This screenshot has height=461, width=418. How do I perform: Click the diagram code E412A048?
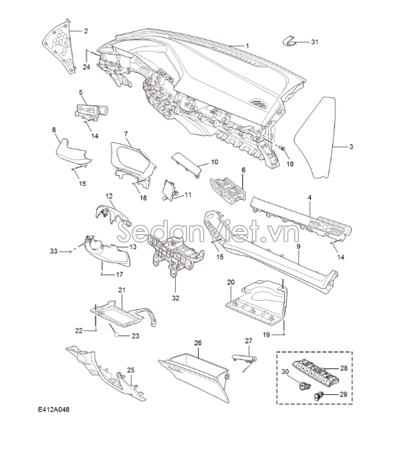pyautogui.click(x=53, y=410)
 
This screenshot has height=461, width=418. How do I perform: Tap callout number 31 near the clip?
pyautogui.click(x=315, y=42)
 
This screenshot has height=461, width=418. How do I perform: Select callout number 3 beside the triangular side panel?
pyautogui.click(x=351, y=147)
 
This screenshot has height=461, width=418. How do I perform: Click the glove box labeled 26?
pyautogui.click(x=194, y=376)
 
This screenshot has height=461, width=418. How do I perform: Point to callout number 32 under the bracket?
pyautogui.click(x=175, y=298)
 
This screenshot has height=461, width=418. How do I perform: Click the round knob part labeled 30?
pyautogui.click(x=303, y=386)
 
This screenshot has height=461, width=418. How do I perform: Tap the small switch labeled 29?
pyautogui.click(x=318, y=397)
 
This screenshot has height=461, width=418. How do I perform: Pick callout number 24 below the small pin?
pyautogui.click(x=86, y=67)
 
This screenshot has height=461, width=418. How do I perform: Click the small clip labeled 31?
pyautogui.click(x=290, y=41)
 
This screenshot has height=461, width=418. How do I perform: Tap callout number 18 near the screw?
pyautogui.click(x=290, y=164)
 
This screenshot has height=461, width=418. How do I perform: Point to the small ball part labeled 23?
pyautogui.click(x=117, y=335)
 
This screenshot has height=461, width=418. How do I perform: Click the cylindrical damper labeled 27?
pyautogui.click(x=245, y=358)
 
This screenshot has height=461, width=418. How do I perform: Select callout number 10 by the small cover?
pyautogui.click(x=214, y=162)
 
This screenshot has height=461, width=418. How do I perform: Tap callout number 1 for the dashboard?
pyautogui.click(x=247, y=46)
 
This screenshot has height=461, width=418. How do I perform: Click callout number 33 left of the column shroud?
pyautogui.click(x=53, y=251)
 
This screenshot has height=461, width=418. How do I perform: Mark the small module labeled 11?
pyautogui.click(x=170, y=190)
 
